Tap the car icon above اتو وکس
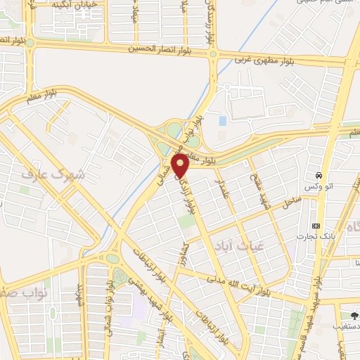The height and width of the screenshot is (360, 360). [318, 174]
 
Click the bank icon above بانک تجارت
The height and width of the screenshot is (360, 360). [316, 226]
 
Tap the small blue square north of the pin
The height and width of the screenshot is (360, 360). [223, 121]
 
